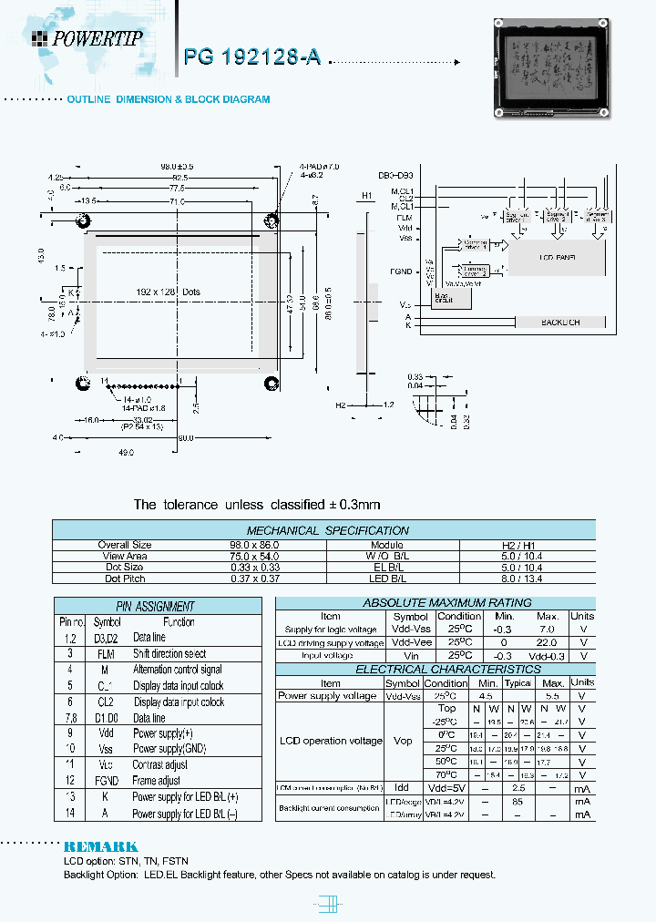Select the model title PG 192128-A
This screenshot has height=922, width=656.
(252, 56)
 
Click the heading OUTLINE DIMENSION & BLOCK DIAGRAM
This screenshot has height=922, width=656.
(169, 99)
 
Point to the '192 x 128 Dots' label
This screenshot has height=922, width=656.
(169, 292)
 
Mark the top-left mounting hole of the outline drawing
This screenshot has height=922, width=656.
(83, 220)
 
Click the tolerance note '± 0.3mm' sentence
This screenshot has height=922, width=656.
(256, 504)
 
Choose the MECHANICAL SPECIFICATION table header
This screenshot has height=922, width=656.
(327, 530)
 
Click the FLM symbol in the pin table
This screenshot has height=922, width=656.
(107, 654)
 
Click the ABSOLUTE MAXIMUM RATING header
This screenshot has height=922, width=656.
(435, 603)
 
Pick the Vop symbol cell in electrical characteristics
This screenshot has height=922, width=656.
(402, 741)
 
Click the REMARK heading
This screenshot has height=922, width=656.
(100, 846)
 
